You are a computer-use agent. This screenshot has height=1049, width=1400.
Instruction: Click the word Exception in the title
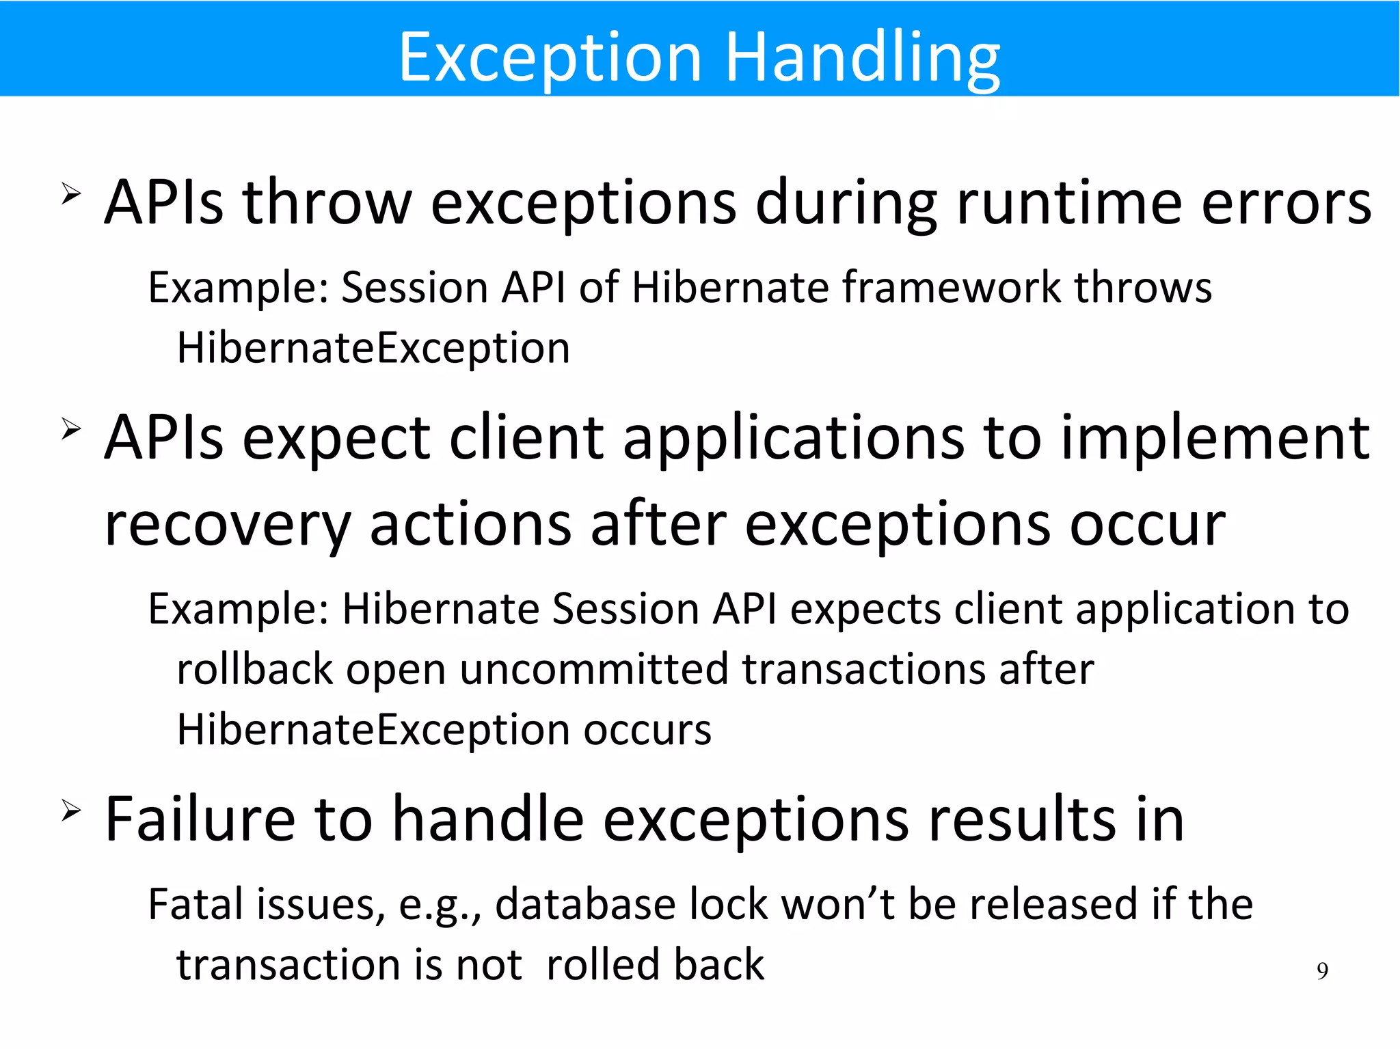point(550,57)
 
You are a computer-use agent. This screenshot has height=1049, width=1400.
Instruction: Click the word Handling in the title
point(863,57)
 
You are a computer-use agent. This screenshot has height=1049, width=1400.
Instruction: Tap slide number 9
point(1322,971)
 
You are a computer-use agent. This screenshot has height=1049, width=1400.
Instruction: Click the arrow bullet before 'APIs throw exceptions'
point(71,194)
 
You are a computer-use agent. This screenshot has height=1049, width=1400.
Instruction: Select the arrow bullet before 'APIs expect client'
point(71,429)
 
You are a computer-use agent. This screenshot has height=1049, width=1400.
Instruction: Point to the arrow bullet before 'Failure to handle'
point(71,810)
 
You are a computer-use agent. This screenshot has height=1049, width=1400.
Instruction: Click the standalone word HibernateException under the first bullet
point(373,349)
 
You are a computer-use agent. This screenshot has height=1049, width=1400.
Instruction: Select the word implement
point(1215,438)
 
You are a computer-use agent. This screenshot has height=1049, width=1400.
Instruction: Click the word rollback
point(254,669)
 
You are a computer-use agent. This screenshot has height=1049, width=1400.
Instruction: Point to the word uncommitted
point(593,669)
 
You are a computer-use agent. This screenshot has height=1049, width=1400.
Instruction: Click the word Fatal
point(196,904)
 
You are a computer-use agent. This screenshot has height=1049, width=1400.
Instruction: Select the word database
point(585,904)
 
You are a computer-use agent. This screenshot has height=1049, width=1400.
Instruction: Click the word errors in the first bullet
point(1286,203)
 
